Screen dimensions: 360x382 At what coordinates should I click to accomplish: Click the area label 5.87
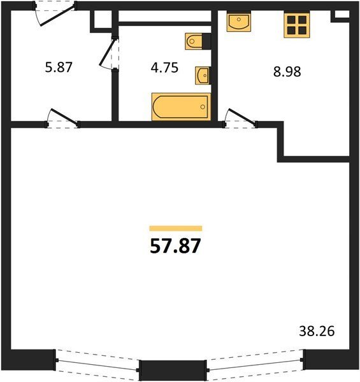(59, 67)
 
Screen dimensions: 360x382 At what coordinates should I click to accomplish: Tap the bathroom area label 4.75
(164, 67)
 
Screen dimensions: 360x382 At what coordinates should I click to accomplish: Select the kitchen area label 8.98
(287, 72)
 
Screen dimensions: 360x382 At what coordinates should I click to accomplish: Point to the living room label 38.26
(317, 331)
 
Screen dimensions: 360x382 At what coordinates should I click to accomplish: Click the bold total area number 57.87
(175, 246)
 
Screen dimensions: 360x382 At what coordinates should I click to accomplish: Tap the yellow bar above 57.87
(176, 229)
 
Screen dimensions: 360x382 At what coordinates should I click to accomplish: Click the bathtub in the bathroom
(181, 107)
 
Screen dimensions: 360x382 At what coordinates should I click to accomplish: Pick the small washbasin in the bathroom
(203, 76)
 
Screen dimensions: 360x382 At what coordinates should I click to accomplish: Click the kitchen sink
(239, 22)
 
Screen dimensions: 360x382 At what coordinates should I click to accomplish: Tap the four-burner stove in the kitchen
(297, 25)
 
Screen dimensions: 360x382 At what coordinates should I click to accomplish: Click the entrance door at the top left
(55, 13)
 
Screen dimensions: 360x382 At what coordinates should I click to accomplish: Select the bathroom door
(110, 53)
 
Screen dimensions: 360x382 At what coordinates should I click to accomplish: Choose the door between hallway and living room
(63, 118)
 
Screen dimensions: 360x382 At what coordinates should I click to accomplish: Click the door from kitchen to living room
(240, 118)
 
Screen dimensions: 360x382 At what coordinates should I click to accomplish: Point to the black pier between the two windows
(173, 370)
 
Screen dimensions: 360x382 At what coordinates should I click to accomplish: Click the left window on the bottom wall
(97, 361)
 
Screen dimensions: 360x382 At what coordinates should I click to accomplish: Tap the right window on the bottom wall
(256, 361)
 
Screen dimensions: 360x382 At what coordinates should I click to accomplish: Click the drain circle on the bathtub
(203, 107)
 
